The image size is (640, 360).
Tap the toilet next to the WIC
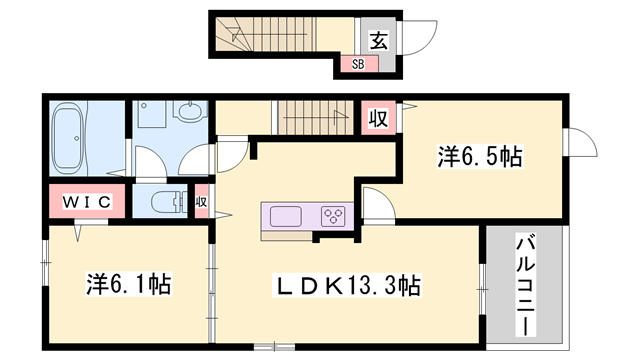tap(163, 201)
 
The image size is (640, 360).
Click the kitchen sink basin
tap(285, 215)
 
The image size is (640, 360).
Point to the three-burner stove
tap(333, 215)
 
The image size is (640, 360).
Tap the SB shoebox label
tap(358, 63)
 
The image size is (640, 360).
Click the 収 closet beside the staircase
tap(378, 117)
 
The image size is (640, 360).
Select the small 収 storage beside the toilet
tap(201, 201)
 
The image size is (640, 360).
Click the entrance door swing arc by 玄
tap(418, 40)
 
